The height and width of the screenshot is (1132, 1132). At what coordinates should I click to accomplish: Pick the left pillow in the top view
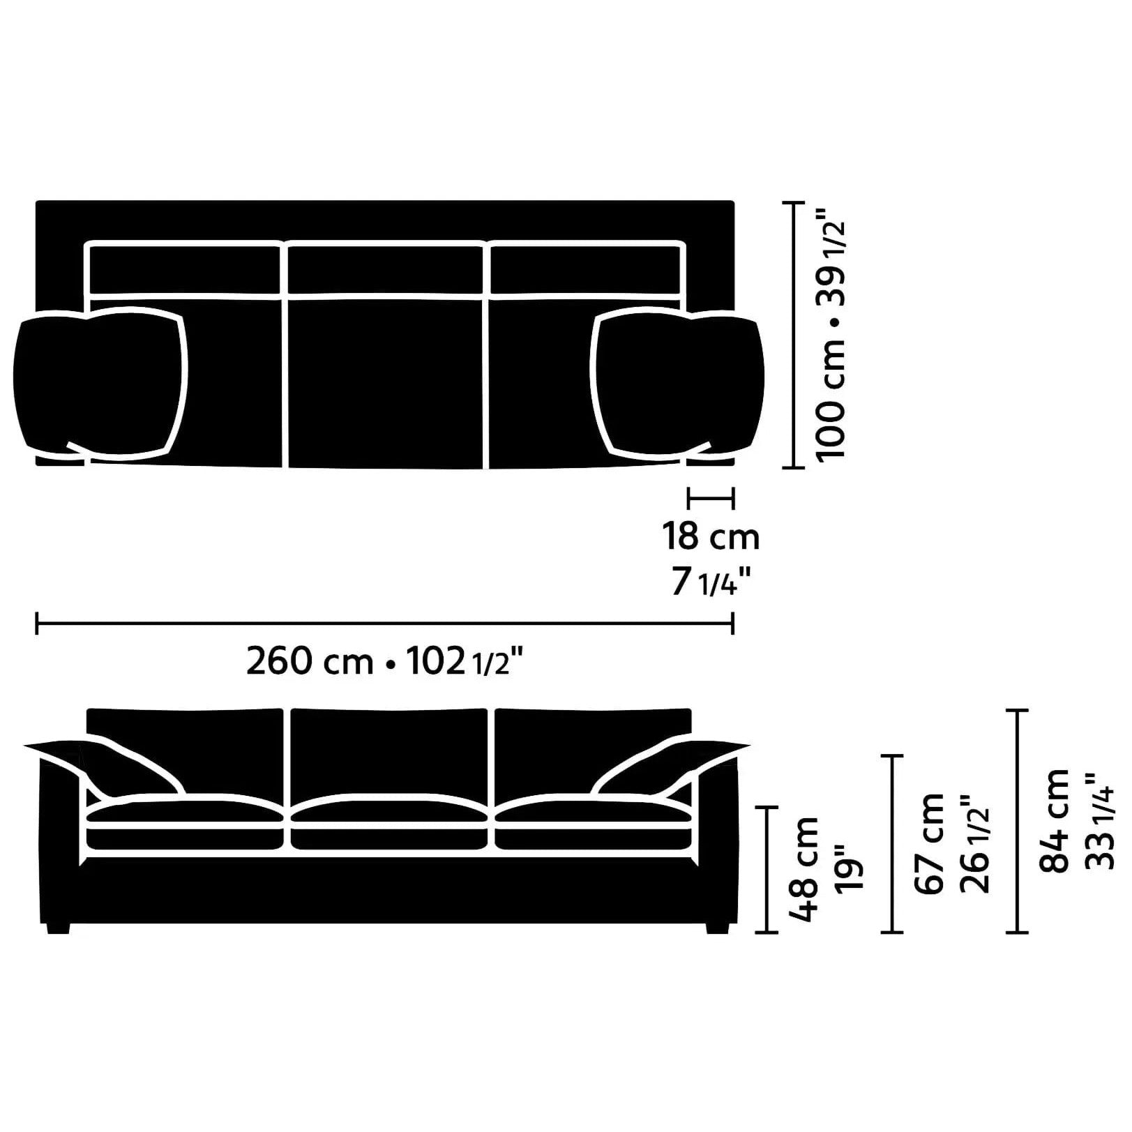pyautogui.click(x=101, y=384)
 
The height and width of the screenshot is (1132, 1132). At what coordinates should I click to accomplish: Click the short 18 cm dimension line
pyautogui.click(x=710, y=497)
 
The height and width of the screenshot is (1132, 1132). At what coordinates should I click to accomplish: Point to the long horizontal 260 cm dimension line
pyautogui.click(x=384, y=623)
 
